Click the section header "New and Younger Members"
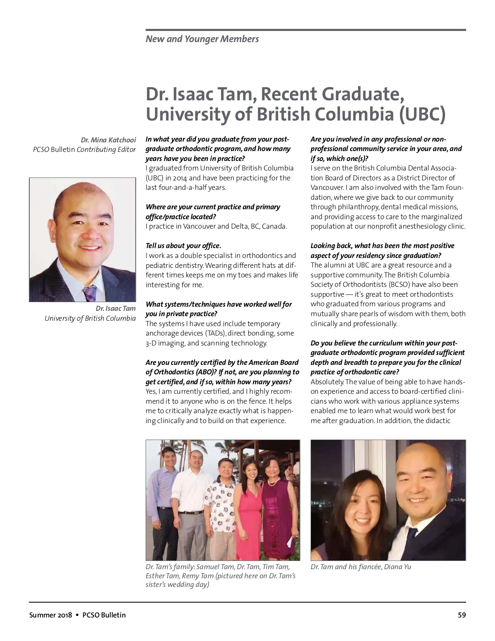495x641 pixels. point(202,39)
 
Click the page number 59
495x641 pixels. point(462,615)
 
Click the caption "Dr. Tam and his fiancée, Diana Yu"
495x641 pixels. point(361,567)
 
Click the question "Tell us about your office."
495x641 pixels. point(183,246)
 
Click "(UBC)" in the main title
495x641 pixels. point(422,114)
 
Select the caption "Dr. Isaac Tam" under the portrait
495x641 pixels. point(115,308)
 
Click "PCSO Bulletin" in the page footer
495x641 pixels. point(104,615)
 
